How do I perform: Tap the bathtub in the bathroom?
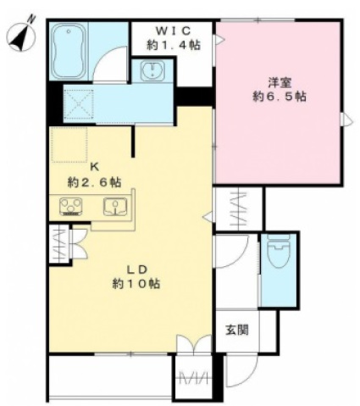click(69, 52)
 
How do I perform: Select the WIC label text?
click(174, 30)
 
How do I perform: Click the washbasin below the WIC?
click(152, 70)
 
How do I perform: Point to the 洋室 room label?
click(280, 82)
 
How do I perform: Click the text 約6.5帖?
click(280, 97)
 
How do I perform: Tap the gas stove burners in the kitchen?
click(71, 207)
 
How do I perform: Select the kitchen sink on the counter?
click(115, 206)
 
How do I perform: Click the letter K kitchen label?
click(94, 168)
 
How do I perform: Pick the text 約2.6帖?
click(94, 182)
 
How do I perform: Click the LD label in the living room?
click(136, 270)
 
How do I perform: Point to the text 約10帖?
click(136, 284)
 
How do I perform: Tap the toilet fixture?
click(279, 251)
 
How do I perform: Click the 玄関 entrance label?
click(237, 330)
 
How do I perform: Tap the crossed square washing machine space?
click(79, 103)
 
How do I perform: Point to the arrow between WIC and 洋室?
click(219, 40)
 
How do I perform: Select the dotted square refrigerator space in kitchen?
click(69, 144)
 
